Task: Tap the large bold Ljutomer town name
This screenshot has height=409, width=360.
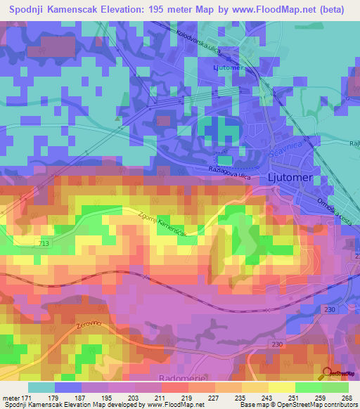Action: pos(290,178)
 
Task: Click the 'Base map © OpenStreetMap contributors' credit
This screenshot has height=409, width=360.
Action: pos(298,405)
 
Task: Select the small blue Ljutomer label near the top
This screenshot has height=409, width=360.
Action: pos(226,67)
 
